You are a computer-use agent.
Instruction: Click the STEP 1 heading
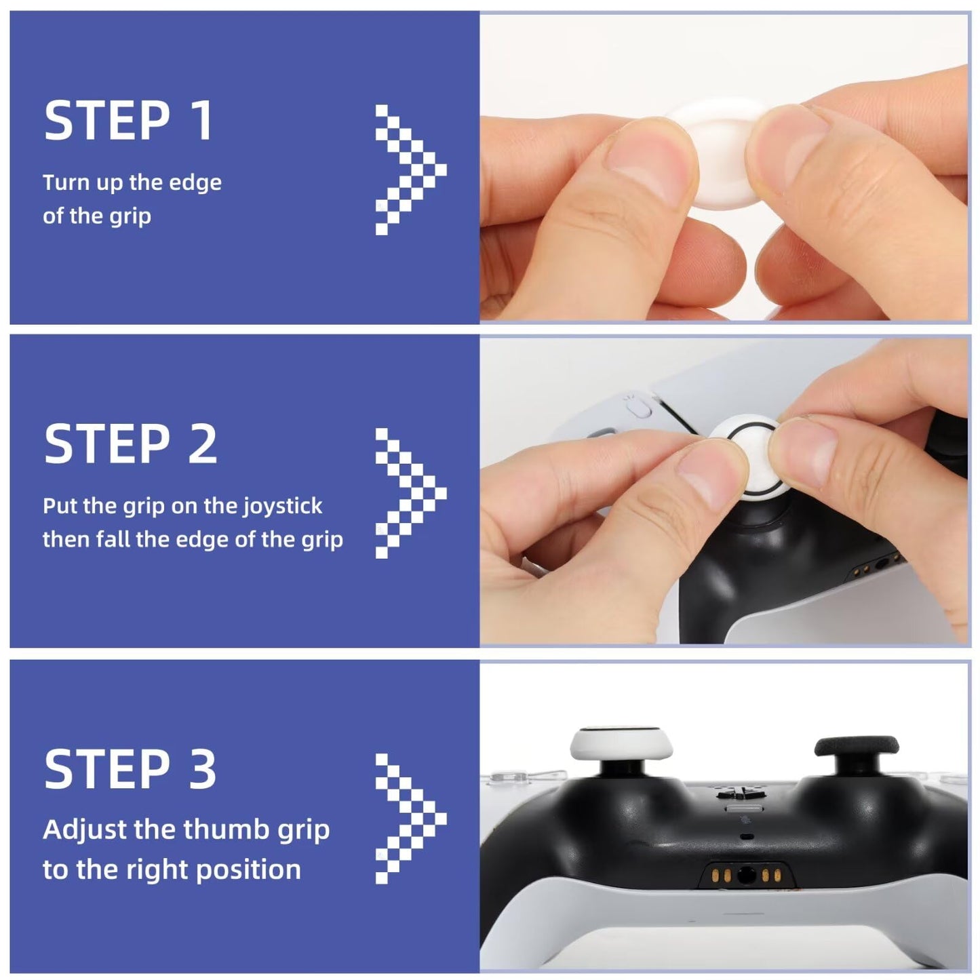click(129, 121)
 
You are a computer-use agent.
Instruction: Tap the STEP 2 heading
click(130, 444)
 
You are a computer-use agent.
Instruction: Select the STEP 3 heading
click(130, 769)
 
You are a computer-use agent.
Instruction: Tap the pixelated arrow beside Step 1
click(410, 170)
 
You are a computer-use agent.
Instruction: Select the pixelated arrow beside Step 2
click(410, 493)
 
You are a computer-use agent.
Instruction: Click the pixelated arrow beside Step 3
click(410, 818)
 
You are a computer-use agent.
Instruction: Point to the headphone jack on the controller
click(745, 876)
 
